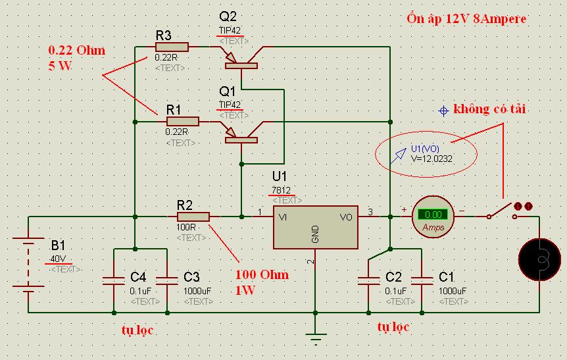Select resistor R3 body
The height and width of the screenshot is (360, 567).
[x=172, y=47]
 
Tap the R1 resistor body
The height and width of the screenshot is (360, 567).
[x=182, y=121]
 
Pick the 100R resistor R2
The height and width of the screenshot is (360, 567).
[x=193, y=217]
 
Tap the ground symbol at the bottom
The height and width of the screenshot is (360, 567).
[x=316, y=340]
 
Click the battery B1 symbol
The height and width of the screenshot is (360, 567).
[x=28, y=265]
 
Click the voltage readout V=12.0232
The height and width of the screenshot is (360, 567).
[x=432, y=159]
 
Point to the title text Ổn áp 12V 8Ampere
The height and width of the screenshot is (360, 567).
[x=467, y=18]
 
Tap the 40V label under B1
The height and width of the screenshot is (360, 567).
[x=58, y=258]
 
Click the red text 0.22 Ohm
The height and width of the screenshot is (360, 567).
[x=76, y=51]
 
